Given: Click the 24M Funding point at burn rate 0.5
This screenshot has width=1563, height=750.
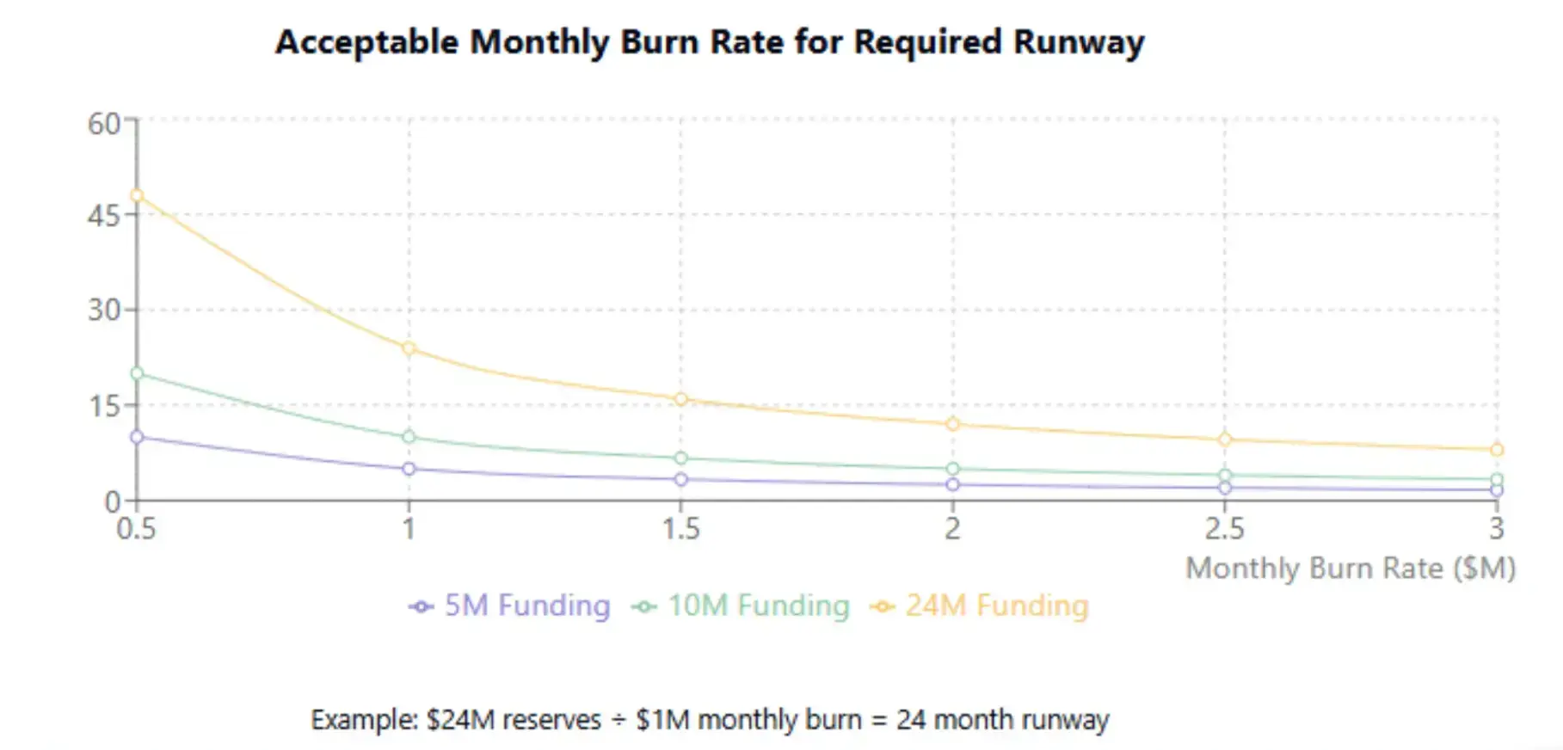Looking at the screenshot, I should (x=137, y=195).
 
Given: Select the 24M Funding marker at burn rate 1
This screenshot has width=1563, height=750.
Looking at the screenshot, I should (x=409, y=348).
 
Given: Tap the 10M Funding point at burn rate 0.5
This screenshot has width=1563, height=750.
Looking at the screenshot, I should (x=137, y=373).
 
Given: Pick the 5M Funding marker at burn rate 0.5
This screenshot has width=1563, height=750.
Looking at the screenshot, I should (x=137, y=437).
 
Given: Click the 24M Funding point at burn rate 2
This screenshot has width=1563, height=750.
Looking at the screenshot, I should (x=952, y=424).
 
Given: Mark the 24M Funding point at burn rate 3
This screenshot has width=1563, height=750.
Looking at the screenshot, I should (x=1497, y=450).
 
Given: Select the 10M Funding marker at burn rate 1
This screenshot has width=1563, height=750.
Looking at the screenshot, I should (x=409, y=437).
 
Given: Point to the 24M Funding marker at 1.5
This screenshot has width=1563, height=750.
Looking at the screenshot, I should (x=680, y=399).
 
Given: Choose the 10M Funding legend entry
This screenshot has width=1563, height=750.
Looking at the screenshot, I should (x=741, y=606).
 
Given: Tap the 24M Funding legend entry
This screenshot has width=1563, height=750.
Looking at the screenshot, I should (x=980, y=606).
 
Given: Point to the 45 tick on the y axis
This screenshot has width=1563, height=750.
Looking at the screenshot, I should (x=104, y=216).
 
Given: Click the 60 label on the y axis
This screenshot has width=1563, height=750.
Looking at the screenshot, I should (x=104, y=124).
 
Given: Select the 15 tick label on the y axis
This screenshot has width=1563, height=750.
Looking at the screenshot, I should (x=104, y=406).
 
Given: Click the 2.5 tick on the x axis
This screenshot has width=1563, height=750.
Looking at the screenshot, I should (x=1224, y=528).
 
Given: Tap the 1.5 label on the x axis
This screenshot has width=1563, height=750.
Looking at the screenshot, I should (x=680, y=528).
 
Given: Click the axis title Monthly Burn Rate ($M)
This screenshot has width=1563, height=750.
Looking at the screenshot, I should (x=1350, y=569).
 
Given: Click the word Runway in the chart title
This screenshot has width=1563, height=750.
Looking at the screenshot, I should (x=1079, y=42).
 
